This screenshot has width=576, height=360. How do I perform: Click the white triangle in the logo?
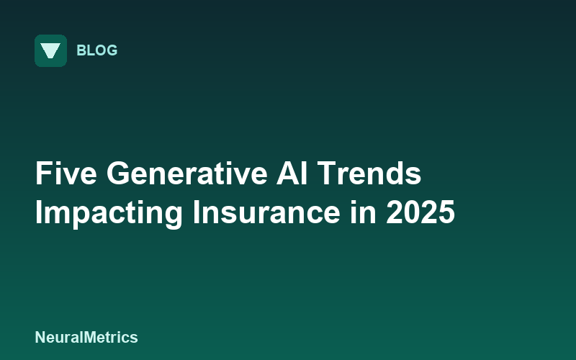[x=50, y=50]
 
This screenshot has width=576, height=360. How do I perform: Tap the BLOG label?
[x=97, y=50]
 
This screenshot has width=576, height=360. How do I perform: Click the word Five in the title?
[x=66, y=174]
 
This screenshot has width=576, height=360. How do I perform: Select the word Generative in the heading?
[x=187, y=174]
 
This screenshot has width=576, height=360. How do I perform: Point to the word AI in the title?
[x=292, y=174]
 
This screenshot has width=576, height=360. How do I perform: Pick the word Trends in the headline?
[x=369, y=174]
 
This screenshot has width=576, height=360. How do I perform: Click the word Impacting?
[x=109, y=213]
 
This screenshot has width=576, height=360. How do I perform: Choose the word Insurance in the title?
[x=266, y=212]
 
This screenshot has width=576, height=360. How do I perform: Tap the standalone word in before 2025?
[x=363, y=212]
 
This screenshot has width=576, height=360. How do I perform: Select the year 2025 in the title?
[x=420, y=212]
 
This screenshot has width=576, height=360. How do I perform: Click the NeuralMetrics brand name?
[x=86, y=337]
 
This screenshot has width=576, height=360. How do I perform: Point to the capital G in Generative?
[x=117, y=174]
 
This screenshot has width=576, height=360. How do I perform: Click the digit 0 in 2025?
[x=412, y=212]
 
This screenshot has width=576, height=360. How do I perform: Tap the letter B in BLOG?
[x=81, y=50]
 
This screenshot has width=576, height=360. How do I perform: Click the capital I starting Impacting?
[x=38, y=212]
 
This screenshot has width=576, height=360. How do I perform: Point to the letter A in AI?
[x=287, y=173]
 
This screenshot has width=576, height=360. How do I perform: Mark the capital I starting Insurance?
[x=195, y=212]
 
